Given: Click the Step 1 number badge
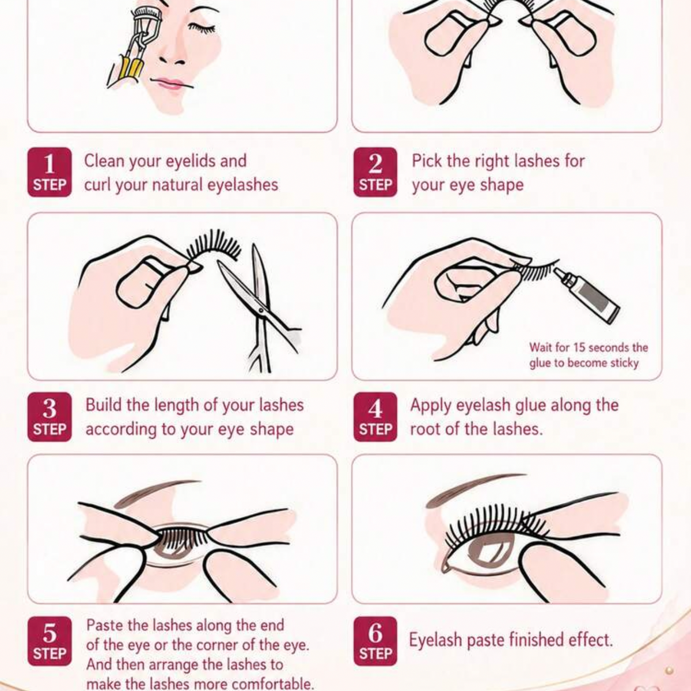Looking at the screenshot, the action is pos(50,172).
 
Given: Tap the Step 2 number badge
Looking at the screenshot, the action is pos(375,172).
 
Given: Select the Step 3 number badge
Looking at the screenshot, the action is pos(50,417).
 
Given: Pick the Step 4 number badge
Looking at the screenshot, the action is pos(375,417).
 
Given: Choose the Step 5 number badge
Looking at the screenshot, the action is pos(50,641).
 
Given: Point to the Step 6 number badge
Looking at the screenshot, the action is pos(375,641).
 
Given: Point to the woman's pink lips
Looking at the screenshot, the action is pos(169,84).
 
